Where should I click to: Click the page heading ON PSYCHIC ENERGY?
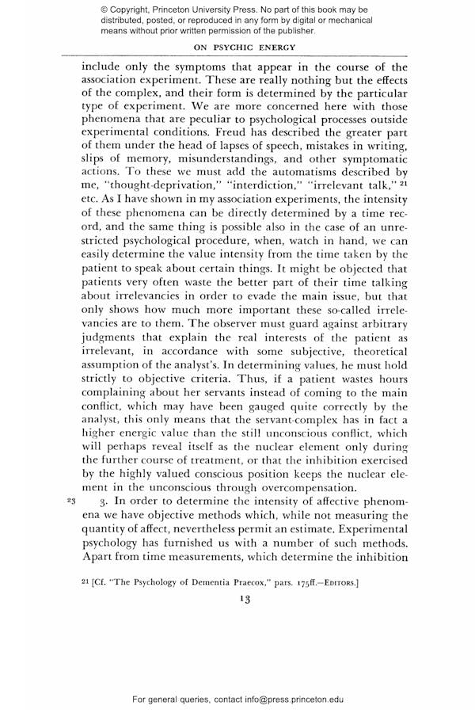(237, 47)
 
